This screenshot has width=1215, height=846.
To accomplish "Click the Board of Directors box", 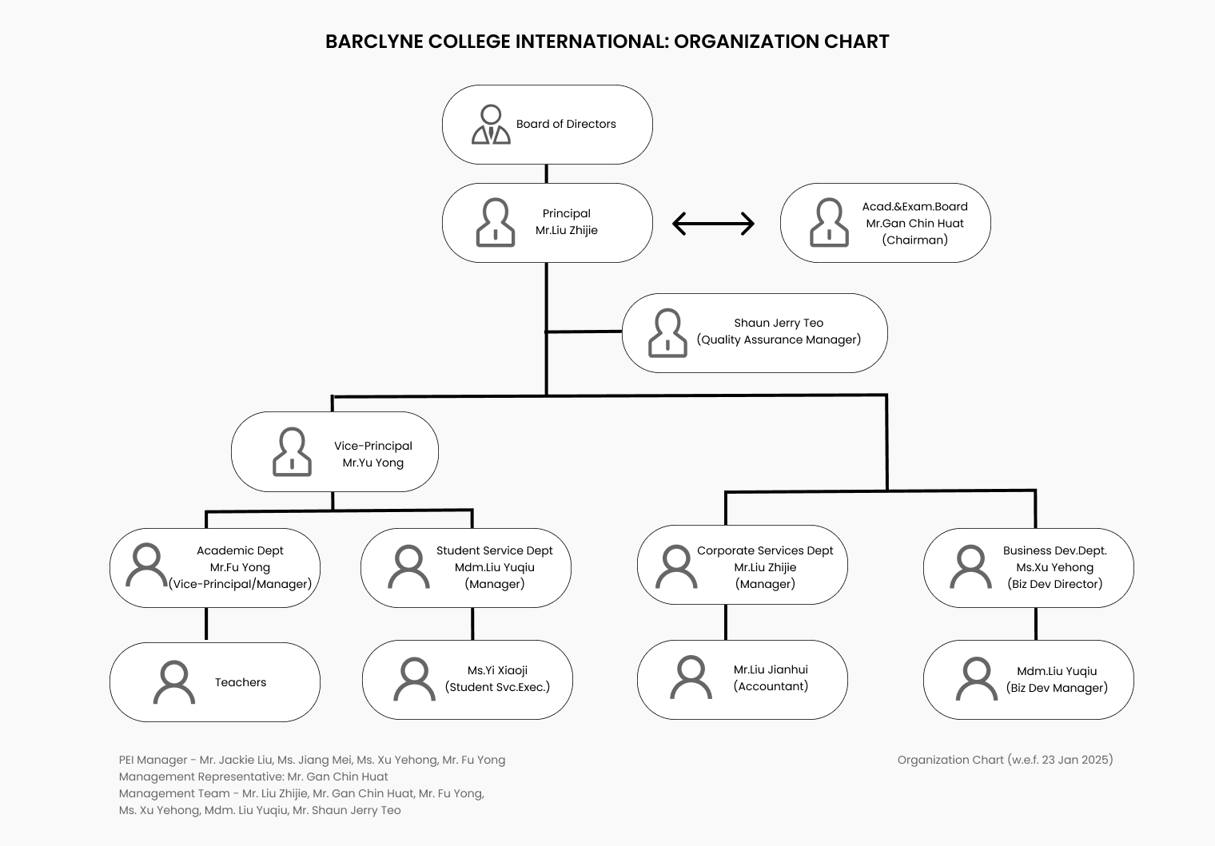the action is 548,125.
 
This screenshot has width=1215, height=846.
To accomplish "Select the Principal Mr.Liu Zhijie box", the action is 548,223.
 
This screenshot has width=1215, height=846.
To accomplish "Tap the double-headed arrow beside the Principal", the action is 713,224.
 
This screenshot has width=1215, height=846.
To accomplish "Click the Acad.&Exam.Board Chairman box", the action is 885,223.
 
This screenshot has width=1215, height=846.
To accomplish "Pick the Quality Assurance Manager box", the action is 755,333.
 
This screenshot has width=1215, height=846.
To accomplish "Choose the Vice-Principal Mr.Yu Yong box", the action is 335,451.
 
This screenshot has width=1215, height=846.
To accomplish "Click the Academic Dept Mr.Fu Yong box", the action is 215,567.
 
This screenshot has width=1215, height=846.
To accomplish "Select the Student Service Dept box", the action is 466,567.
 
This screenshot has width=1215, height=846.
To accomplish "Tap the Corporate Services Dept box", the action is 742,565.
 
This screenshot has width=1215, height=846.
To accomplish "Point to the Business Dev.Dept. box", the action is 1029,567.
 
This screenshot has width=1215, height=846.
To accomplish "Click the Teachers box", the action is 215,681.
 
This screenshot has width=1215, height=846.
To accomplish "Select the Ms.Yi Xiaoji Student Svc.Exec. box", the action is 468,680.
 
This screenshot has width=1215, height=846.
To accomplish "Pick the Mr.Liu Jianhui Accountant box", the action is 742,680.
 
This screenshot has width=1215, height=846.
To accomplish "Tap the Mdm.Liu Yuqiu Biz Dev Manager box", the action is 1029,680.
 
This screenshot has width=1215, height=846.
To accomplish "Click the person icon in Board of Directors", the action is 491,124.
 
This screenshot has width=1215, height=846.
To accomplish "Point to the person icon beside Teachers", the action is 174,681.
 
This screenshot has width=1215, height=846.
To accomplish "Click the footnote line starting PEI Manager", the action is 312,760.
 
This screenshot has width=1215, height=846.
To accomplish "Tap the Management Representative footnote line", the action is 253,776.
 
